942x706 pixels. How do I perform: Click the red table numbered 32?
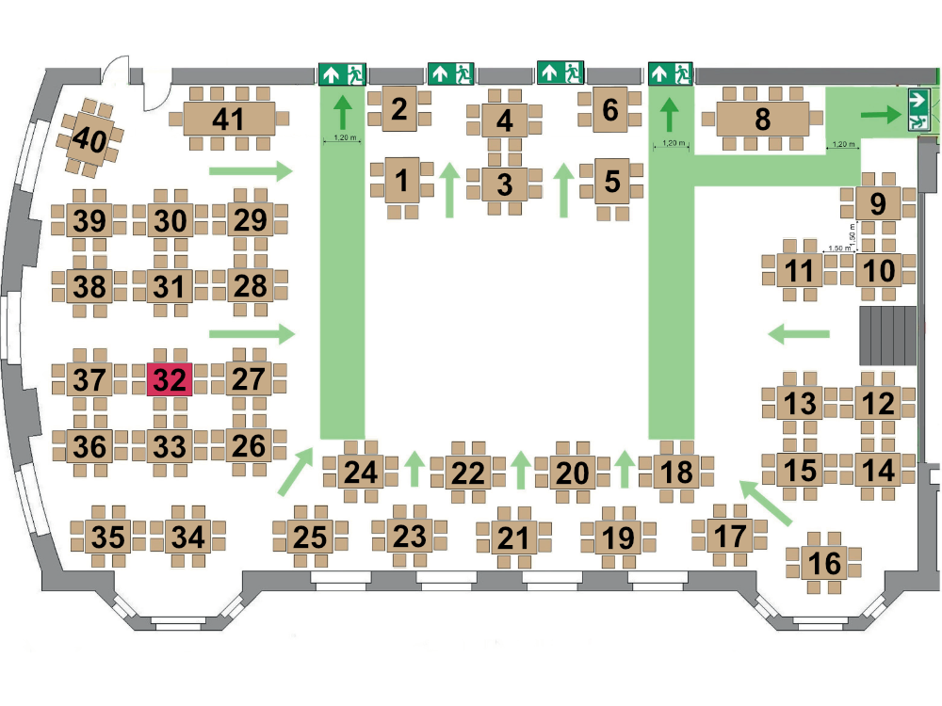170,379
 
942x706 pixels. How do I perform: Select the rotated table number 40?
90,139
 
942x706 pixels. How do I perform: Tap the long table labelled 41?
229,119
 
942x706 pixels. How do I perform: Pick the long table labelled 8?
762,119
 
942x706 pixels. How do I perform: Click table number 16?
824,563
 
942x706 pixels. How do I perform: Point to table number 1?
402,181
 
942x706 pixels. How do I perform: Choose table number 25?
310,537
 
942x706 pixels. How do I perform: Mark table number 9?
878,203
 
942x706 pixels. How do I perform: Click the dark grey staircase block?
888,336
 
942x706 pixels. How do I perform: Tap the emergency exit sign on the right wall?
918,109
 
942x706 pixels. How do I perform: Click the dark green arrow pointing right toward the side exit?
882,114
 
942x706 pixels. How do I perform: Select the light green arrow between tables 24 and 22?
414,468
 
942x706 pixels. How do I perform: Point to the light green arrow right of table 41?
251,171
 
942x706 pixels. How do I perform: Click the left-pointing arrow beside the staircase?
799,334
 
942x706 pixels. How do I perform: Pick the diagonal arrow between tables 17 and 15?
766,503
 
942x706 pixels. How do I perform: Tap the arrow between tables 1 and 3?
448,190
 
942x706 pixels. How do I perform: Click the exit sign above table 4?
450,73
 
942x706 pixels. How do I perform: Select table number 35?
108,537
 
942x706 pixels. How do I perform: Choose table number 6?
610,109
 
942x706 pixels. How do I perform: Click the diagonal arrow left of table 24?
296,472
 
